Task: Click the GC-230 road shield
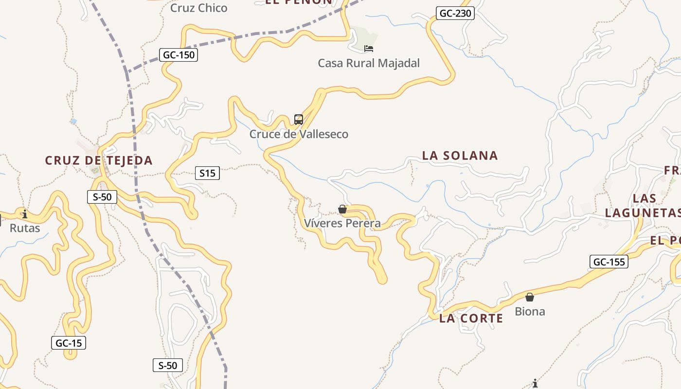[x=455, y=13]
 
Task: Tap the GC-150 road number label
[x=179, y=55]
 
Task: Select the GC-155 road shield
[x=609, y=262]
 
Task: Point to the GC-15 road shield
[x=69, y=343]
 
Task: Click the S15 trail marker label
[x=207, y=173]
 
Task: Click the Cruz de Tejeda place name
[x=99, y=160]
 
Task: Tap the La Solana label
[x=460, y=156]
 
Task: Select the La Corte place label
[x=471, y=318]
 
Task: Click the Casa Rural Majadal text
[x=369, y=63]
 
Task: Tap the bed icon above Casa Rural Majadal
[x=369, y=48]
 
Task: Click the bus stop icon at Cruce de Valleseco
[x=299, y=120]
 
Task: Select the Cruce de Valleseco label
[x=299, y=134]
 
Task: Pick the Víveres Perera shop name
[x=342, y=223]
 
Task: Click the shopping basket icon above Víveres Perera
[x=342, y=209]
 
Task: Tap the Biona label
[x=530, y=311]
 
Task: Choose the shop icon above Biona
[x=530, y=297]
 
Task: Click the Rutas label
[x=25, y=228]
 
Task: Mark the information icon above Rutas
[x=25, y=213]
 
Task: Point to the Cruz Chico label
[x=198, y=8]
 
